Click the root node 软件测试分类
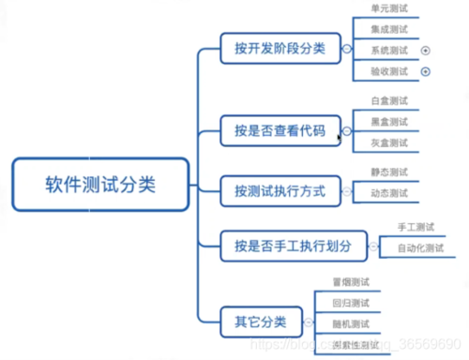100,184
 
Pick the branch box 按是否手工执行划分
293,246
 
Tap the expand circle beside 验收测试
426,71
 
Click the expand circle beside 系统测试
426,50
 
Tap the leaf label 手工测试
413,226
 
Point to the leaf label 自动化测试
413,247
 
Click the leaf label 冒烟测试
350,281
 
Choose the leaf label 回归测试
350,302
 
